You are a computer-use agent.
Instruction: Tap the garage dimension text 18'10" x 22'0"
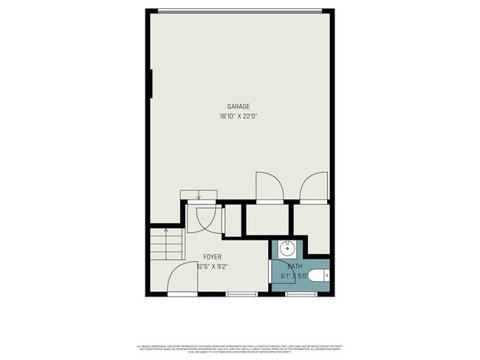coord(238,116)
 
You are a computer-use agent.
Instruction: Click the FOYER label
coord(212,258)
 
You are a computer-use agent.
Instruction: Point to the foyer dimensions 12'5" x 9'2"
coord(212,267)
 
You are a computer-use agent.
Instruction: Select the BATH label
coord(294,266)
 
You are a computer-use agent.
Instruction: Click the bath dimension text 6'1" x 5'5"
coord(293,276)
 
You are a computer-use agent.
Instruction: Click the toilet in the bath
coord(318,277)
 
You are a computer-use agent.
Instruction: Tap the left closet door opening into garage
coord(267,187)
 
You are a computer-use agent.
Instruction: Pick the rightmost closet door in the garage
coord(312,187)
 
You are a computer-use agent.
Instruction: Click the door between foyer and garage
coord(203,217)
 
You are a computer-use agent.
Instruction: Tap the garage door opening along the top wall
coord(239,10)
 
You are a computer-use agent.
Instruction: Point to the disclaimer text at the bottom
coord(240,349)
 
